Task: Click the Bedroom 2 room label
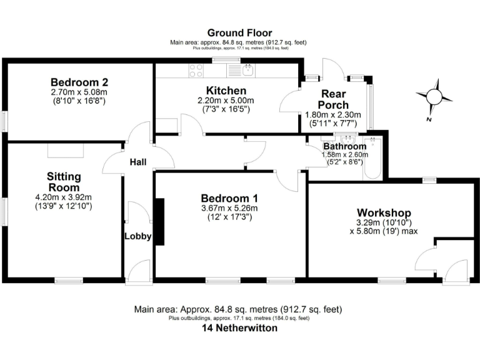79,82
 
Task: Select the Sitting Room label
64,182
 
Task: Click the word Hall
137,162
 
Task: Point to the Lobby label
137,236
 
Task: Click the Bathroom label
344,146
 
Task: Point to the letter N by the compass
429,119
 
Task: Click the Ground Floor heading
239,32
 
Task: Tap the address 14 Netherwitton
239,328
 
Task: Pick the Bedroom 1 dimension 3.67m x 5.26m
229,208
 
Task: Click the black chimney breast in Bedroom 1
159,221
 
